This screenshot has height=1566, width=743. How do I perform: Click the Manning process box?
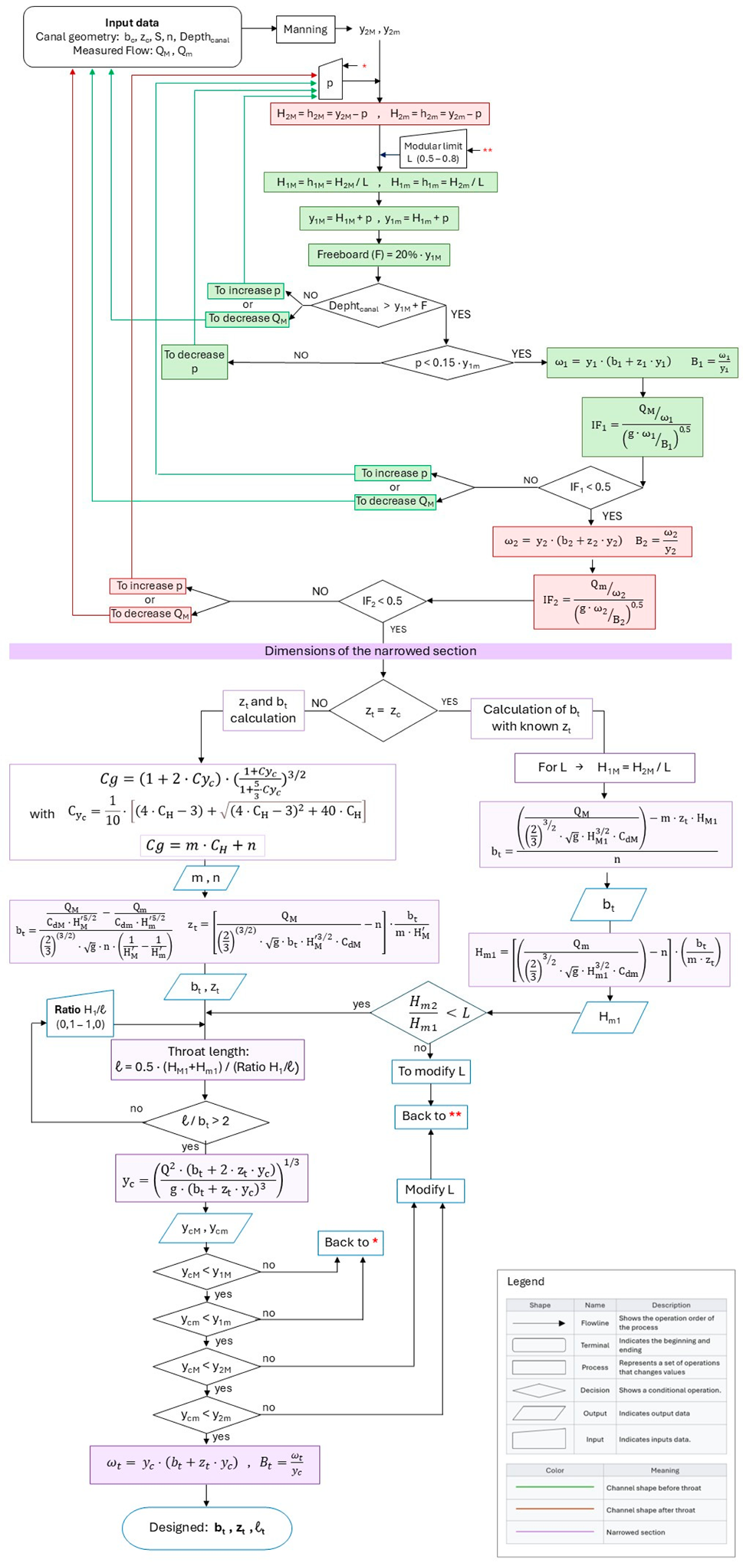tap(305, 30)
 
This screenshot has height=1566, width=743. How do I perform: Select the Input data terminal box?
tap(133, 37)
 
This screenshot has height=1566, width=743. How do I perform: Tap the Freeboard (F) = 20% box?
tap(379, 255)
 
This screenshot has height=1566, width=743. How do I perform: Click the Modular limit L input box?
tap(433, 152)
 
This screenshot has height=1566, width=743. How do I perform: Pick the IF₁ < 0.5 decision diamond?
tap(590, 487)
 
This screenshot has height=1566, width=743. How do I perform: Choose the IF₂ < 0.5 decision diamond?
tap(382, 601)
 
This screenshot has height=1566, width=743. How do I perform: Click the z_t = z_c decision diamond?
tap(383, 711)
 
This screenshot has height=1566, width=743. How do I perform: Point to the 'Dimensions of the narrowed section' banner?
tap(370, 651)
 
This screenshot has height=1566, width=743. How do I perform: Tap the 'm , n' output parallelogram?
tap(205, 878)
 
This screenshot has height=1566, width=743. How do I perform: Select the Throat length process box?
tap(208, 1060)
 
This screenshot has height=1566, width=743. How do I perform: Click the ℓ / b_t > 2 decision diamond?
tap(205, 1122)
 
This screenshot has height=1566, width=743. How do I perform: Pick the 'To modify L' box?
tap(431, 1071)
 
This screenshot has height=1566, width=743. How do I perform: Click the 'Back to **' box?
tap(431, 1116)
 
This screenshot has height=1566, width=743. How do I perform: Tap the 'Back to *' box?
tap(350, 1243)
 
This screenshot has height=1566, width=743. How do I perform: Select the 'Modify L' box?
tap(430, 1190)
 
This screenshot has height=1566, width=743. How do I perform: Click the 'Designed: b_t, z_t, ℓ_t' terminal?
tap(206, 1528)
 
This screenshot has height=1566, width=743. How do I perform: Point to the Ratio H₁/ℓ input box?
tap(80, 1017)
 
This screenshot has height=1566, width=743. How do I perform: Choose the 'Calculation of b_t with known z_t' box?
tap(531, 718)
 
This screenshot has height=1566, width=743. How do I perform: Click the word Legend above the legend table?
tap(525, 1282)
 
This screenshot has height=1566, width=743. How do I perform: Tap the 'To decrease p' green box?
tap(194, 362)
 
